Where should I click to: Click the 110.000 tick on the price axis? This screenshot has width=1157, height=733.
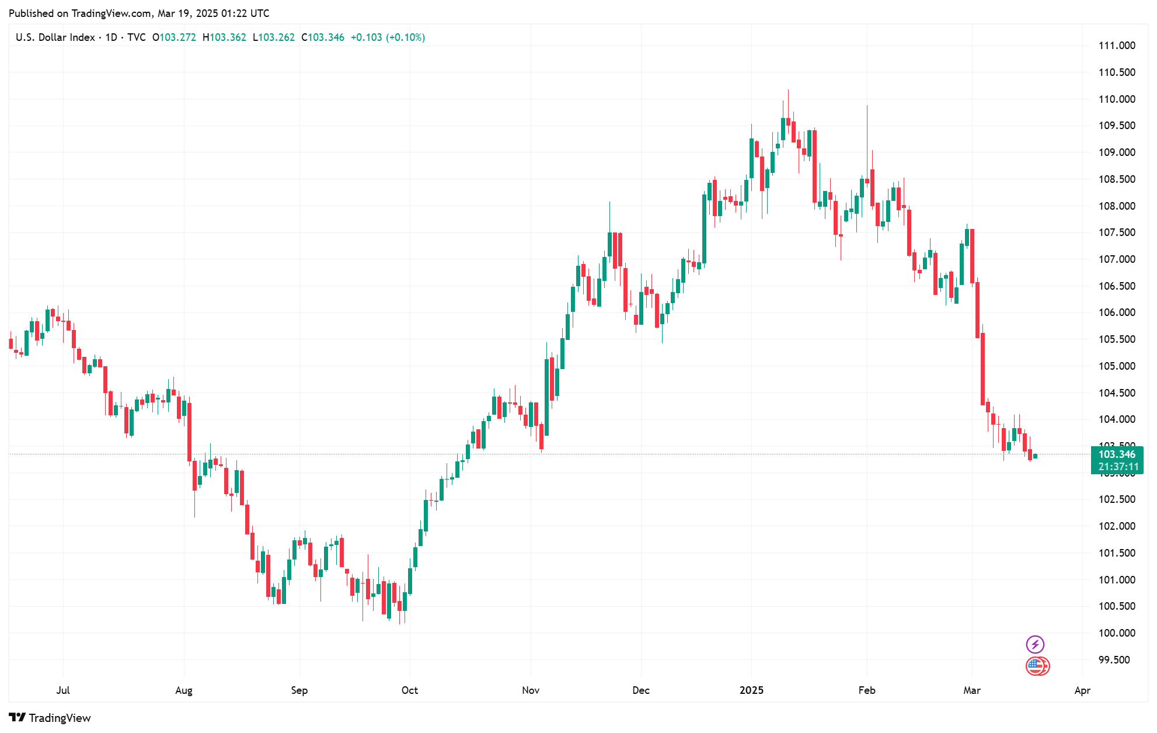point(1116,99)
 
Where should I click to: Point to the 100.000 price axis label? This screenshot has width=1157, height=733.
point(1116,633)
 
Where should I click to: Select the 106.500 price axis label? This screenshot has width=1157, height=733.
point(1116,286)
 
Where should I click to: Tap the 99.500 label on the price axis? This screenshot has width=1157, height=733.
point(1116,660)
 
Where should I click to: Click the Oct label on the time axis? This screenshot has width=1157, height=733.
point(409,690)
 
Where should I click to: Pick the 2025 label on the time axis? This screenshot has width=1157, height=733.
point(751,690)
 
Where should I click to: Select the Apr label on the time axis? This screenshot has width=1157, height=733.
point(1082,690)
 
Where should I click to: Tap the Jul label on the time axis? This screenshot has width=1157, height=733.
point(63,690)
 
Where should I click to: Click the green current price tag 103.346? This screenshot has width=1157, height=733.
point(1116,454)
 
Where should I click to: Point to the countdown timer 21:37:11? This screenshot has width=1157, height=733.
point(1117,467)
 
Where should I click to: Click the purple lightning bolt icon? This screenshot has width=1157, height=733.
point(1034,645)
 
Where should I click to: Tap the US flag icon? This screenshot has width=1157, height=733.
point(1036,666)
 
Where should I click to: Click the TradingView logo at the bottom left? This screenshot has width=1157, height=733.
point(50,718)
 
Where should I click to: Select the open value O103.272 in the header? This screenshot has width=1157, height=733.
point(174,37)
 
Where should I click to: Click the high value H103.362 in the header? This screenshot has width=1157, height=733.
point(224,37)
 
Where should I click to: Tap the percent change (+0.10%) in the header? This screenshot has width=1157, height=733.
point(405,37)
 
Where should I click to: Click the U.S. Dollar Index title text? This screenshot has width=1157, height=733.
point(55,37)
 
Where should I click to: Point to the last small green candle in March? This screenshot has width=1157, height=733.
point(1035,456)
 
